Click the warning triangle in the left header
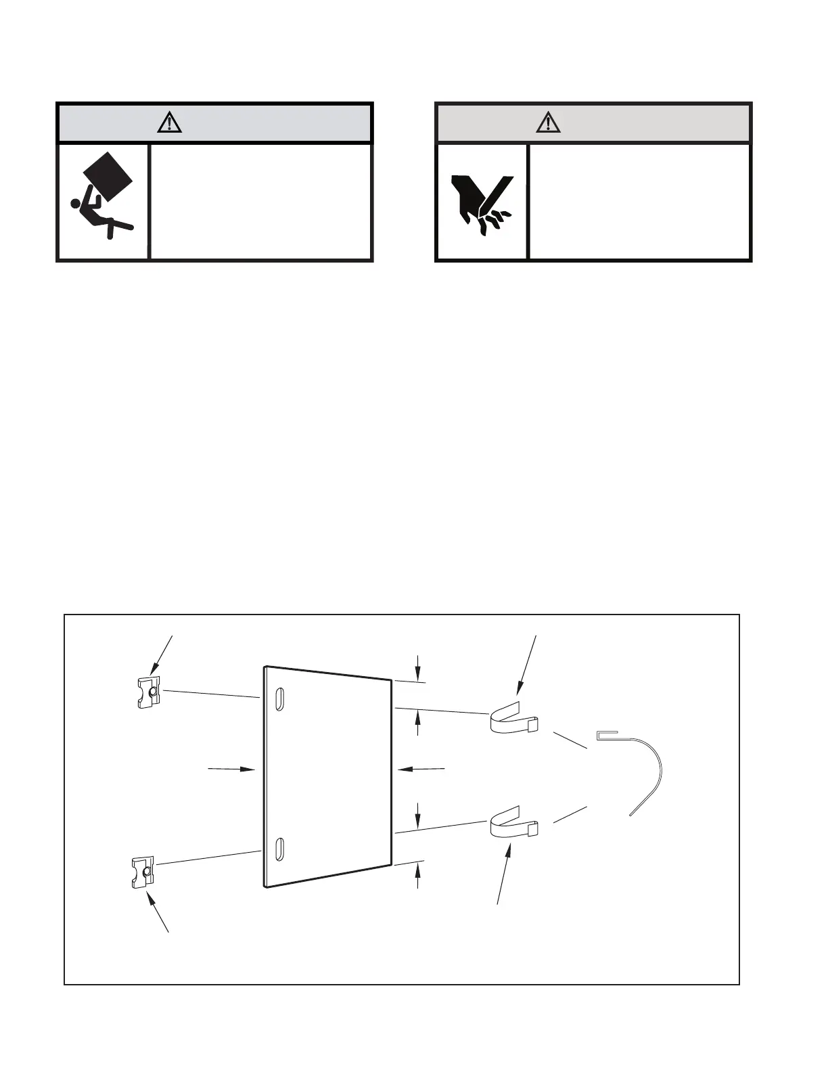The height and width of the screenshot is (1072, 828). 169,122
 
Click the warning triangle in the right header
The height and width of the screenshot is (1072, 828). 548,122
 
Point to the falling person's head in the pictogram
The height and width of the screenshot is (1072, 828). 76,202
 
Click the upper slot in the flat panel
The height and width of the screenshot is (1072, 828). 278,699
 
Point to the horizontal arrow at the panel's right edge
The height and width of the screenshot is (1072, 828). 421,769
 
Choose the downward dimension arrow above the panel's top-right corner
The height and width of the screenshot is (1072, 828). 418,668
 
